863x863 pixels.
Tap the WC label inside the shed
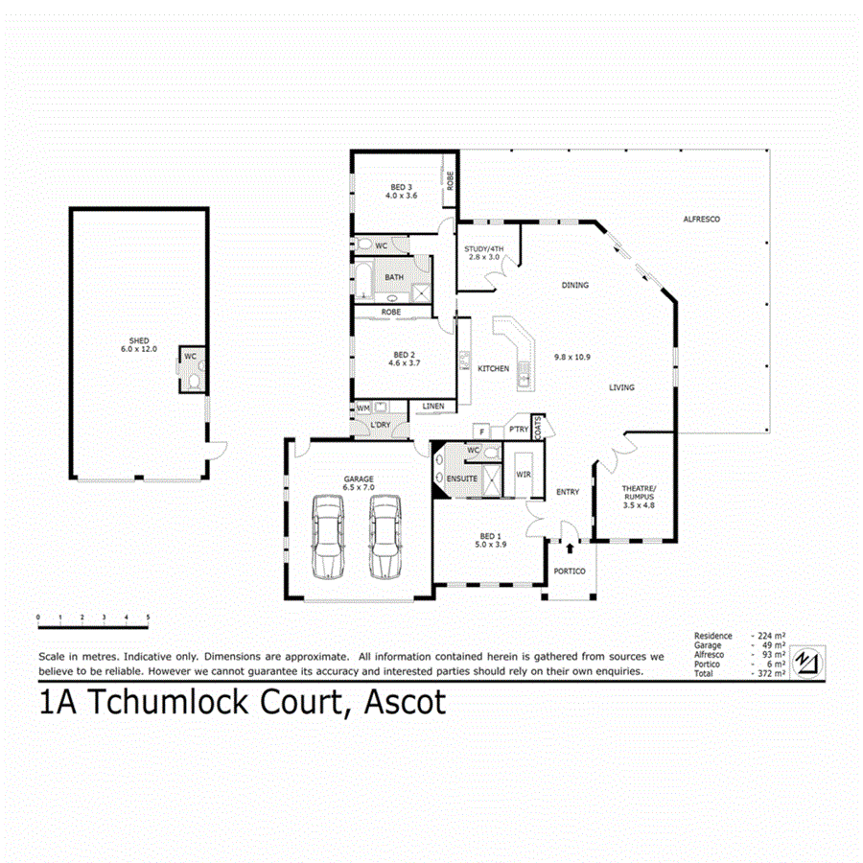tap(190, 357)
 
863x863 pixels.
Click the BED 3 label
tap(401, 187)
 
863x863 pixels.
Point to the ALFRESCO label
tap(701, 220)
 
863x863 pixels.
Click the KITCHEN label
tap(494, 369)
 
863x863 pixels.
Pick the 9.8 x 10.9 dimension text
tap(571, 357)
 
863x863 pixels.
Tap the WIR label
tap(524, 474)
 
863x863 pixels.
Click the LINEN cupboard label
tap(432, 408)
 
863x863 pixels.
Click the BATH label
tap(394, 278)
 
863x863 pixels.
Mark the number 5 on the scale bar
tap(148, 617)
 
